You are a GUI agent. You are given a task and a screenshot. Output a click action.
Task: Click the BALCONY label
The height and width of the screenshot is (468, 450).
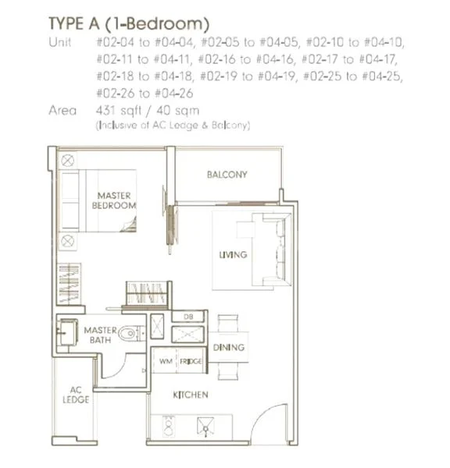(227, 175)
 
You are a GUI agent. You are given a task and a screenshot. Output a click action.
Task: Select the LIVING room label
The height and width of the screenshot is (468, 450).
(233, 255)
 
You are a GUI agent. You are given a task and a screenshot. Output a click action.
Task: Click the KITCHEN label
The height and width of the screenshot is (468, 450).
(190, 395)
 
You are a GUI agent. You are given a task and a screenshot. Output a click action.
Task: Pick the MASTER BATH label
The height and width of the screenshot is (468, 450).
(100, 335)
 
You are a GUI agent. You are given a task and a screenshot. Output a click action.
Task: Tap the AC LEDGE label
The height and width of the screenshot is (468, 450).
(76, 395)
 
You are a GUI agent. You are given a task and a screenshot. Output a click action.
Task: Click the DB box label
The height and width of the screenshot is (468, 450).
(188, 317)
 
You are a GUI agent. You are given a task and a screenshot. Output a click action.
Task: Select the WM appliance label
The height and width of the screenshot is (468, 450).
(166, 362)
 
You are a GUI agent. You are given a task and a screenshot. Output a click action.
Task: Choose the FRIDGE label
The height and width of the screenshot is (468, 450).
(190, 362)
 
